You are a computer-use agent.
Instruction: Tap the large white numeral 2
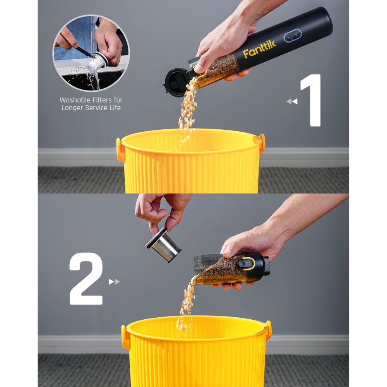click(86, 279)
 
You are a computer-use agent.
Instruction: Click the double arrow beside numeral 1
click(292, 101)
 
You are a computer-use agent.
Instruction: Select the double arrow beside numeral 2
click(114, 282)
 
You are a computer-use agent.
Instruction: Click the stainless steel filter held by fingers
click(163, 245)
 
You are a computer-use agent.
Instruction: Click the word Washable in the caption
click(76, 100)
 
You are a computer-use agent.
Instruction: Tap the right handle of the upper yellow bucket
click(262, 142)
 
